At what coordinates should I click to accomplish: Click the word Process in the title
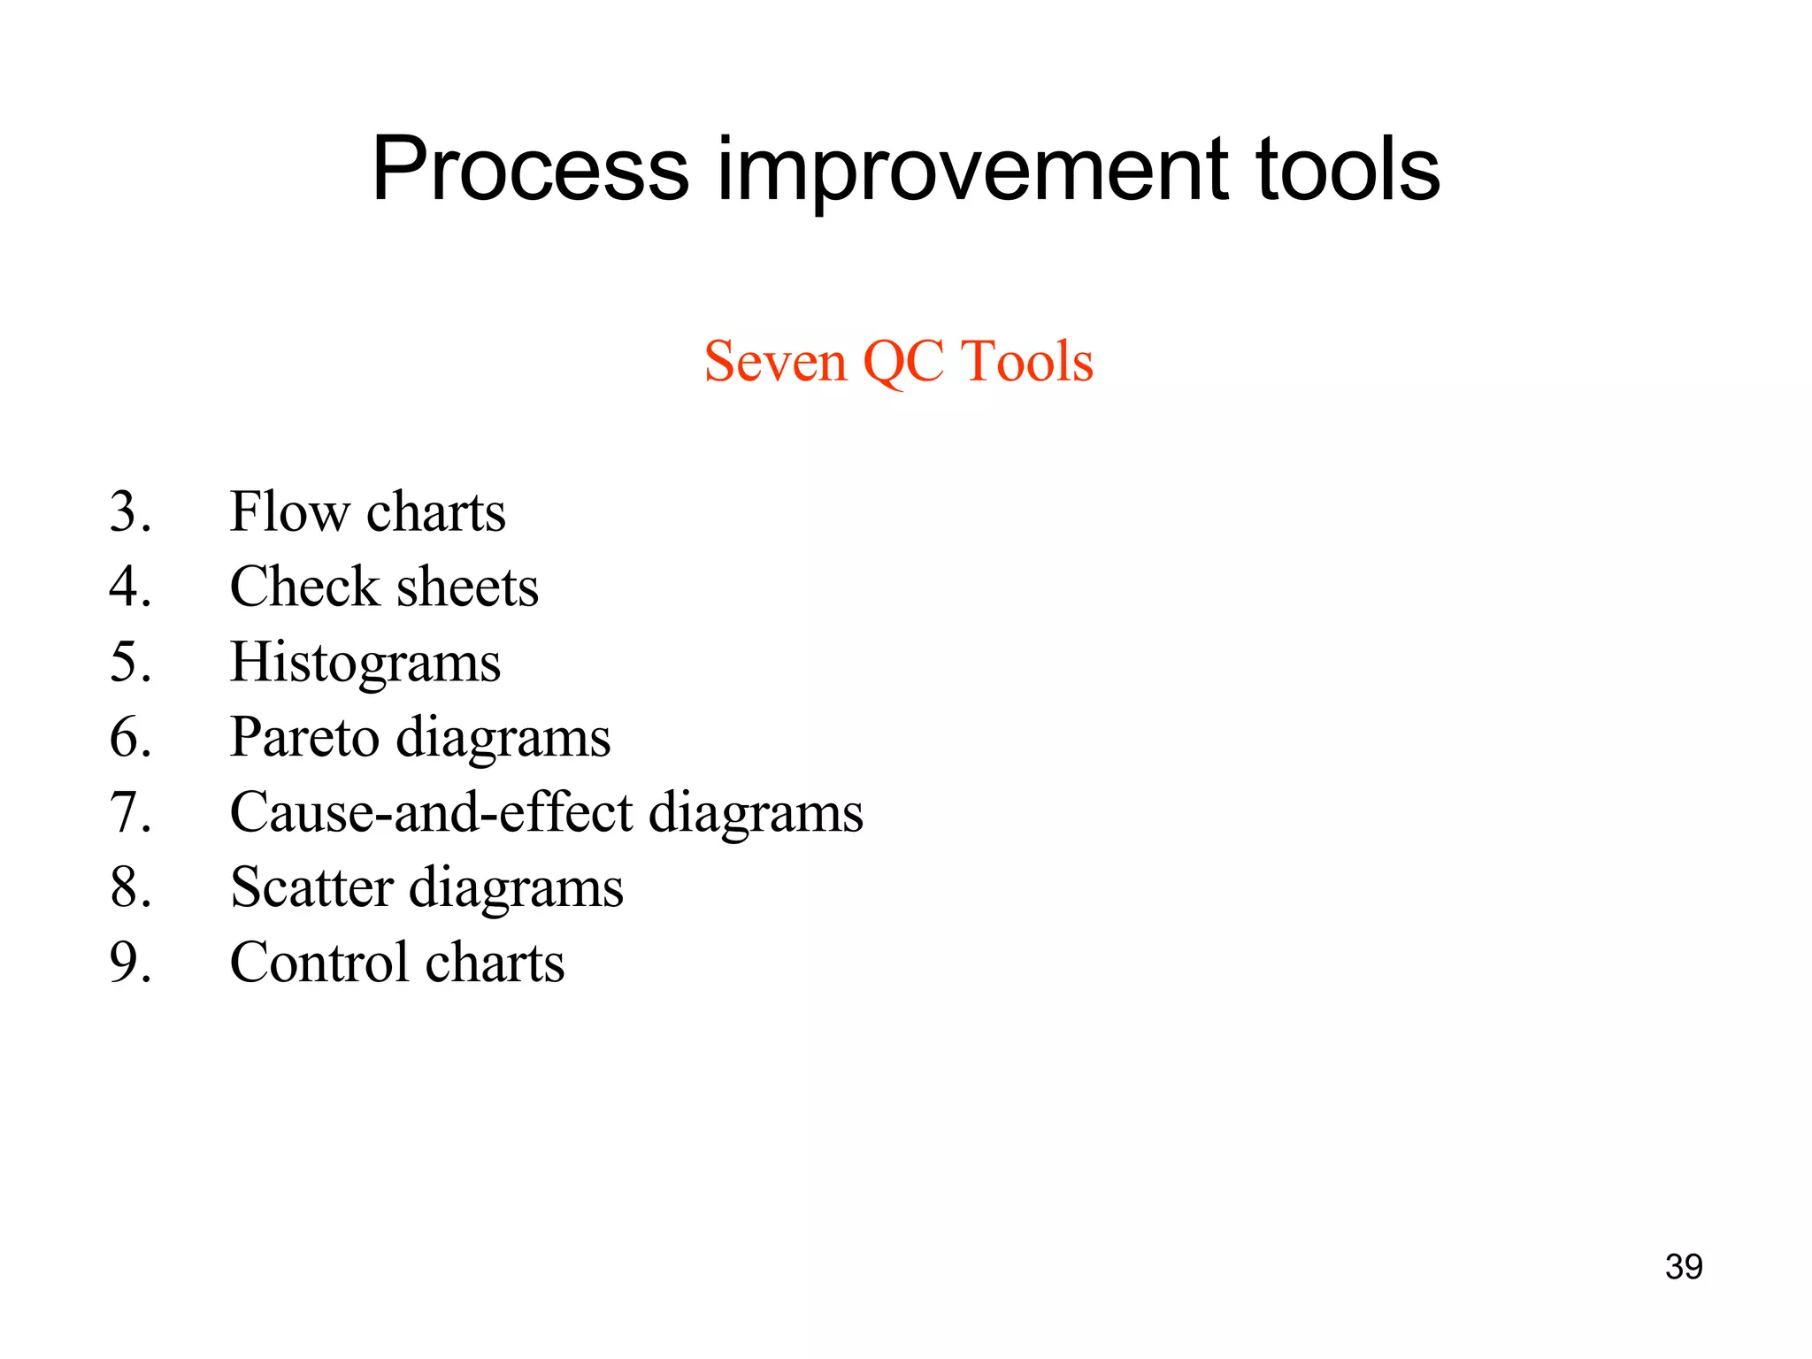pyautogui.click(x=529, y=170)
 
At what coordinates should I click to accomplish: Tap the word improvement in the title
pyautogui.click(x=971, y=170)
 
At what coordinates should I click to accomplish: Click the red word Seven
pyautogui.click(x=775, y=362)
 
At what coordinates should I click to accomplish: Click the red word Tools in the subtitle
pyautogui.click(x=1026, y=362)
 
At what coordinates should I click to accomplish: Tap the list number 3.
pyautogui.click(x=129, y=512)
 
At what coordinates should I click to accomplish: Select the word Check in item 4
pyautogui.click(x=304, y=587)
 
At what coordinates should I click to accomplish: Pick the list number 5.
pyautogui.click(x=129, y=663)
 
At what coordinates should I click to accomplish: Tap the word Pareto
pyautogui.click(x=304, y=738)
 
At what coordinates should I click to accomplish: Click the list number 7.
pyautogui.click(x=129, y=813)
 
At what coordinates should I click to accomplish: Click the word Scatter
pyautogui.click(x=311, y=888)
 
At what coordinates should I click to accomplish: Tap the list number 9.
pyautogui.click(x=129, y=964)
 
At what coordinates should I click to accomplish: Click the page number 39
pyautogui.click(x=1683, y=1267)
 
